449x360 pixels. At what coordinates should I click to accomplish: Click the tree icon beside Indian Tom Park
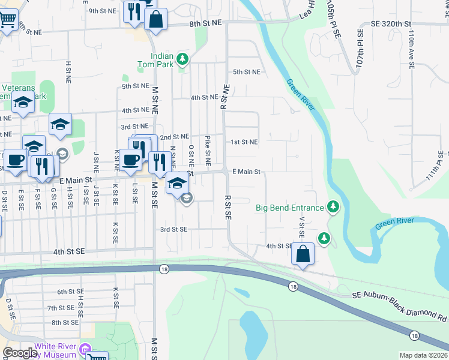coord(185,59)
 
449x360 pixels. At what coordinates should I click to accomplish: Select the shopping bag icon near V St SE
coord(303,254)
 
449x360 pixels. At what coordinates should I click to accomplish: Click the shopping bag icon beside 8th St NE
coord(155,19)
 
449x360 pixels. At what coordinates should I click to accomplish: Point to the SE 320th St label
coord(391,23)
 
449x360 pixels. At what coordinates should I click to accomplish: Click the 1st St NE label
coord(244,142)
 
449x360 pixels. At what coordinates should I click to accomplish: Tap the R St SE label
coord(228,206)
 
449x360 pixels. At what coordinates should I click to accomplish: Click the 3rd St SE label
coord(173,229)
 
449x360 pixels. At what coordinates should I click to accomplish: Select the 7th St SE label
coord(61,308)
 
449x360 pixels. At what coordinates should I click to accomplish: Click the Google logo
coord(19,353)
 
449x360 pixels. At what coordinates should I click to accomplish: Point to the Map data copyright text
coord(423,355)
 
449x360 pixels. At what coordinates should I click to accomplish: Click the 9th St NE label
coord(101,11)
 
